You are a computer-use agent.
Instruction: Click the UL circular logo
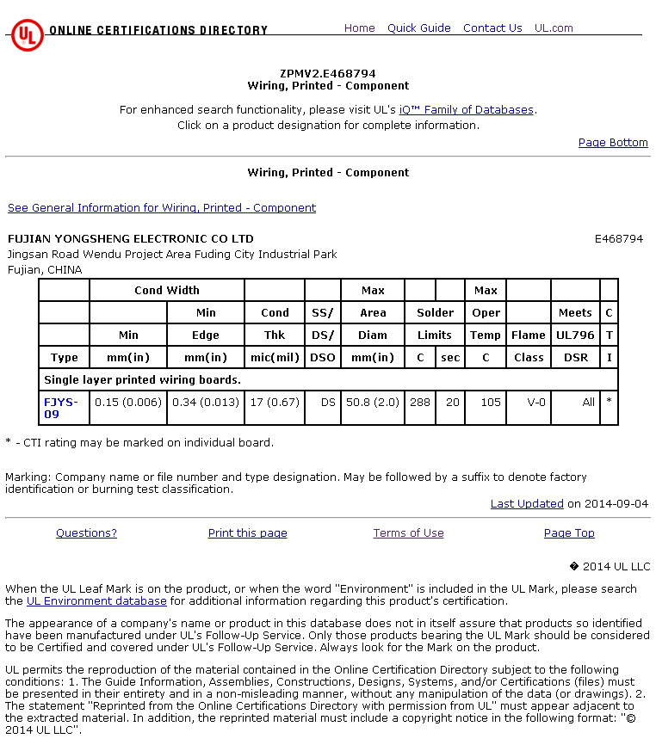point(27,35)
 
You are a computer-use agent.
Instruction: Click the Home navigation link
point(359,28)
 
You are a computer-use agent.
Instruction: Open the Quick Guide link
point(418,28)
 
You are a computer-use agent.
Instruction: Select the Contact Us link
point(492,28)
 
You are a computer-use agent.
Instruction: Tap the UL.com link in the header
point(554,28)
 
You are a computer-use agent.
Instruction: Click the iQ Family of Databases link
point(467,110)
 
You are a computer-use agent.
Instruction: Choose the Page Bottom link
point(613,143)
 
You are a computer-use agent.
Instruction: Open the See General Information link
point(162,208)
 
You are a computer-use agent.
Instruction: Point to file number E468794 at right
point(618,239)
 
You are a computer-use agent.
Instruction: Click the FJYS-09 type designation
point(60,408)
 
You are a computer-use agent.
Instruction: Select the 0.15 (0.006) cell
point(128,403)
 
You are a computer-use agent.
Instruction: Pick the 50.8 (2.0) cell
point(373,403)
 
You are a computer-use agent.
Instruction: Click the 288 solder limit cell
point(420,403)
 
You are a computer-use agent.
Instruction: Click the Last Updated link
point(527,504)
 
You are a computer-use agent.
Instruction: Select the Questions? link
point(86,533)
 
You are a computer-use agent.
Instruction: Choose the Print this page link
point(247,533)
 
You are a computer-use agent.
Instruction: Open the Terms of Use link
point(408,533)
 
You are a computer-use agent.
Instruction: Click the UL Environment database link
point(96,601)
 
